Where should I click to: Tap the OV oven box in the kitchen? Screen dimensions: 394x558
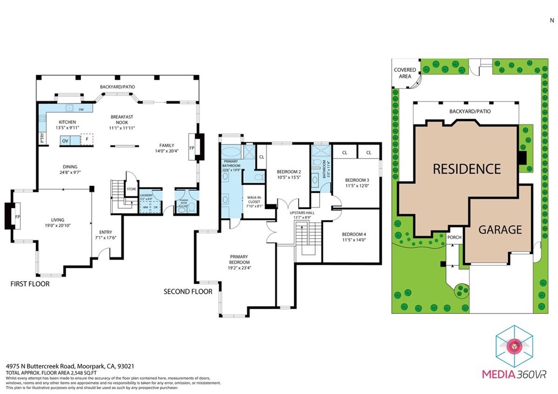coord(65,141)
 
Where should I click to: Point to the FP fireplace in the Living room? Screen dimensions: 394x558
coord(17,217)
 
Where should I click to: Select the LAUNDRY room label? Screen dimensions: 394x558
coord(146,195)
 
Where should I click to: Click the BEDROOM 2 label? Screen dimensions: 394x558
coord(289,172)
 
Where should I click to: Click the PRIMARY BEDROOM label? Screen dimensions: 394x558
coord(239,259)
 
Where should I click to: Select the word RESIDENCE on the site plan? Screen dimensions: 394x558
coord(466,169)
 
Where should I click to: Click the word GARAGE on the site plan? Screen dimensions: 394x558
coord(500,230)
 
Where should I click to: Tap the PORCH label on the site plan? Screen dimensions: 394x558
coord(454,237)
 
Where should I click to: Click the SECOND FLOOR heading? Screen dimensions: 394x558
coord(188,292)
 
